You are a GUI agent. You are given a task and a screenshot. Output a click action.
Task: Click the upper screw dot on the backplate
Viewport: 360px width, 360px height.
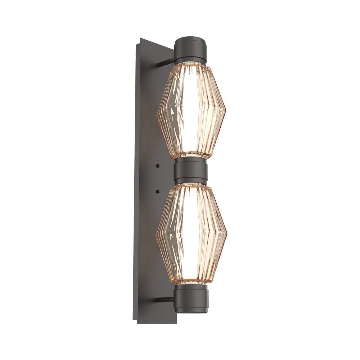tap(158, 166)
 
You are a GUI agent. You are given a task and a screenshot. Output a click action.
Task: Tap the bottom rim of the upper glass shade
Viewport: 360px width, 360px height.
tap(191, 157)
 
